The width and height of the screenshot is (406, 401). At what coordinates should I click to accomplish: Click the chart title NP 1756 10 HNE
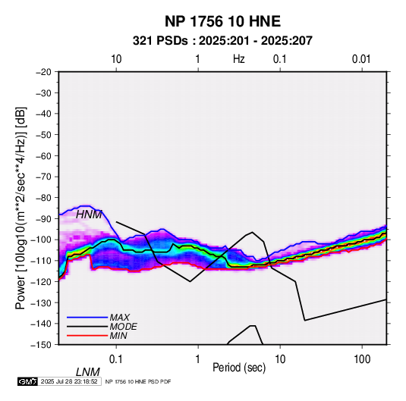[x=222, y=21]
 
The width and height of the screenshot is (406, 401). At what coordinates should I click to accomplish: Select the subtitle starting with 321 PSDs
[x=222, y=41]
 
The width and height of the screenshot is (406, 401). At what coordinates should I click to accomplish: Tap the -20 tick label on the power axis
[x=43, y=72]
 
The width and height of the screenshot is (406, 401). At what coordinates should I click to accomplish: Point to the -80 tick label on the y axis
[x=43, y=198]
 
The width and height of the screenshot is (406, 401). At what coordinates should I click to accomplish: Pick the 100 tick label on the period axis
[x=362, y=359]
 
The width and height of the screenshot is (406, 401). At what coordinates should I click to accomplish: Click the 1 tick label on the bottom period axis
[x=198, y=359]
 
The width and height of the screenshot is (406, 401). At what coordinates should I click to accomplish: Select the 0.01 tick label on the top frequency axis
[x=361, y=59]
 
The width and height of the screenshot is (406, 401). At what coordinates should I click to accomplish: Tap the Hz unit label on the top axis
[x=239, y=59]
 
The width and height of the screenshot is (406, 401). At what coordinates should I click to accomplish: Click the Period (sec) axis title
[x=239, y=368]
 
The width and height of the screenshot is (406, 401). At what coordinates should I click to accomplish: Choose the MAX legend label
[x=120, y=317]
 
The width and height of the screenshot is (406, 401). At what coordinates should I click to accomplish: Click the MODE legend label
[x=123, y=327]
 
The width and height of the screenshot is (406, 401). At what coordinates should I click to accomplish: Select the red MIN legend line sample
[x=87, y=336]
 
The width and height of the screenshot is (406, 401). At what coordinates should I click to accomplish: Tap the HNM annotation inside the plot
[x=89, y=215]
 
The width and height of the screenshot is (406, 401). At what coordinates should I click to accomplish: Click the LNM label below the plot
[x=88, y=372]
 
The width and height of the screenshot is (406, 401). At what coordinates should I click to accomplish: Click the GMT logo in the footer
[x=27, y=381]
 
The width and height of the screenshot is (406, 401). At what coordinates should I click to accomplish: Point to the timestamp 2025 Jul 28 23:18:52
[x=69, y=381]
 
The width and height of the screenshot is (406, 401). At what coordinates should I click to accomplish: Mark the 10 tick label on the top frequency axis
[x=116, y=59]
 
